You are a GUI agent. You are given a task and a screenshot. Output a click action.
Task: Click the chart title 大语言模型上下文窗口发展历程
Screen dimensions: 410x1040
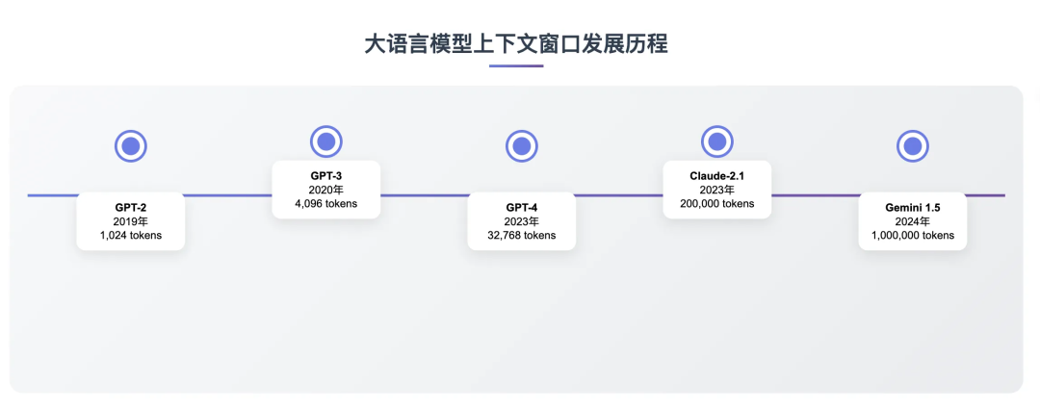tap(516, 43)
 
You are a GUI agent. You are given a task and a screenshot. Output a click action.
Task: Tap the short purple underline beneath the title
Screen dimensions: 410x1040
tap(516, 66)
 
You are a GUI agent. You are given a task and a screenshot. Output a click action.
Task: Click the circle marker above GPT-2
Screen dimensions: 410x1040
tap(131, 147)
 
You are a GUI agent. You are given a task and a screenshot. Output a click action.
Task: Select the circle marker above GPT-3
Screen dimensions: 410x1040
tap(326, 141)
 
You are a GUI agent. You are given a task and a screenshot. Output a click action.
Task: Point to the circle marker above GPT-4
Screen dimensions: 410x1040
tap(522, 146)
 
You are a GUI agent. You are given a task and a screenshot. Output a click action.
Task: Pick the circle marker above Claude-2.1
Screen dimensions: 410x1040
tap(716, 141)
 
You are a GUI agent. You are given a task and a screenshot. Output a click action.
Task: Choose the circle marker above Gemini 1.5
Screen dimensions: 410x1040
tap(912, 146)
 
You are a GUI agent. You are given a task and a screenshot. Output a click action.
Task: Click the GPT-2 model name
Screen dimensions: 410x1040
tap(131, 207)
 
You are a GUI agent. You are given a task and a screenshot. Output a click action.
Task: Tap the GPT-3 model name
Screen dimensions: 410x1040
tap(326, 176)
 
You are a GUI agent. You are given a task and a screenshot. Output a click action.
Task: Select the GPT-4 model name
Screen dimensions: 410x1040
tap(522, 207)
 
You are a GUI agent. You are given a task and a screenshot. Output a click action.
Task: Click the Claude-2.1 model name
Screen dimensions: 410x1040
tap(716, 176)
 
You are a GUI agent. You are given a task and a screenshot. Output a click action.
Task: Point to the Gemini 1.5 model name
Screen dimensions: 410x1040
tap(912, 207)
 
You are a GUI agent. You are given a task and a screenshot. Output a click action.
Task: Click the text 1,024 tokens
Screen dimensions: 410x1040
tap(131, 235)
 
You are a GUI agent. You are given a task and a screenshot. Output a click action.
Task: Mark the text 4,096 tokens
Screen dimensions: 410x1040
tap(326, 204)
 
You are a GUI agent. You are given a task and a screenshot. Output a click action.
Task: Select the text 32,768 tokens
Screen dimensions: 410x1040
tap(522, 235)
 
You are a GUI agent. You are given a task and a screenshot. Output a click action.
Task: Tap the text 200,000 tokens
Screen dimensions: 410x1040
tap(716, 204)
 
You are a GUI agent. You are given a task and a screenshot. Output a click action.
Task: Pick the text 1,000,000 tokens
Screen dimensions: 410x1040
tap(912, 235)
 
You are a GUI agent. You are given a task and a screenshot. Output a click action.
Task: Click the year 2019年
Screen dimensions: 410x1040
tap(131, 221)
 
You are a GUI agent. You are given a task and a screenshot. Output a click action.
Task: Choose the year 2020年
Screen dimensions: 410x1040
tap(326, 190)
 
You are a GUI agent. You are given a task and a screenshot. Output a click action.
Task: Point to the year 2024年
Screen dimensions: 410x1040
tap(912, 221)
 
